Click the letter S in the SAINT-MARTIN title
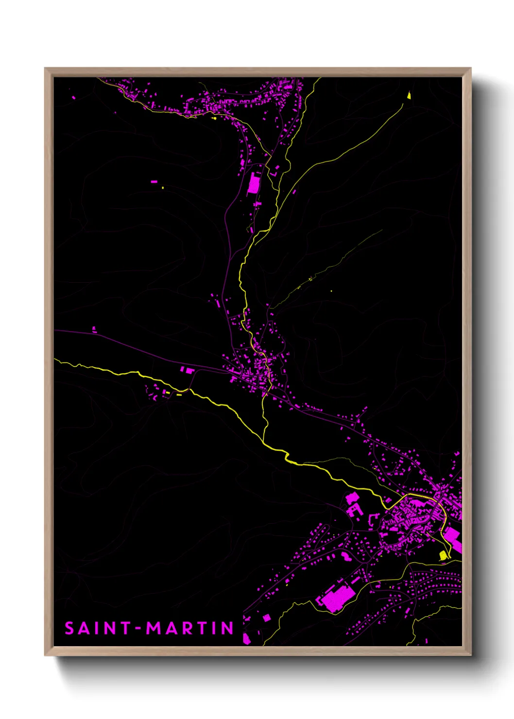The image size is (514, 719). point(69,628)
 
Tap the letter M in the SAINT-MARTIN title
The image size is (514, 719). point(155,628)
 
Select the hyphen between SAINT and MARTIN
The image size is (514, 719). point(138,629)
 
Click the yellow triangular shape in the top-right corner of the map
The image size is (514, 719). point(409,95)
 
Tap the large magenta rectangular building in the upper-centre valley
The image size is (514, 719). point(254,185)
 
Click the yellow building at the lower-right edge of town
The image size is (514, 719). point(443,555)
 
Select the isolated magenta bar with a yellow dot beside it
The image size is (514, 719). point(154,182)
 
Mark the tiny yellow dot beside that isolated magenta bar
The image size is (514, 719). point(163,188)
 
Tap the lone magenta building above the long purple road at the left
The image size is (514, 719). point(94,330)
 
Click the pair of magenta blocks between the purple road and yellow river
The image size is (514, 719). point(187,370)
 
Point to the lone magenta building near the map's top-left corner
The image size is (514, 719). point(73,98)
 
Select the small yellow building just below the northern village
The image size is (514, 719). point(214,118)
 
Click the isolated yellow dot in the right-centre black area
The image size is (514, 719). point(331,291)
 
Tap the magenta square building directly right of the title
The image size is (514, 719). point(266,617)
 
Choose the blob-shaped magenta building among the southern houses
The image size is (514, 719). point(346,556)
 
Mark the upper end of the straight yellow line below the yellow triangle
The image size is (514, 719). point(403,104)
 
